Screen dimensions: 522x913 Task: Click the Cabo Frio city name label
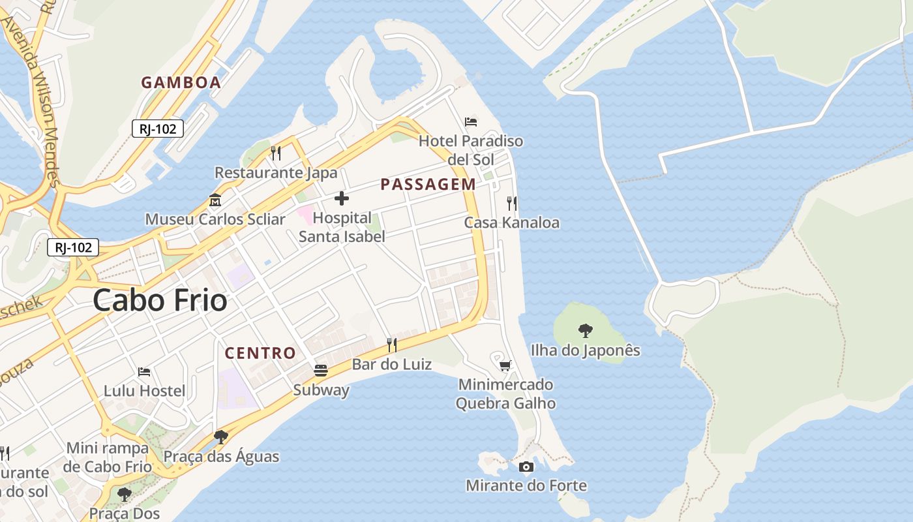[x=160, y=301]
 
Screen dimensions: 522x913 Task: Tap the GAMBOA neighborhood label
[x=181, y=83]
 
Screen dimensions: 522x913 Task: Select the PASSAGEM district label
[x=428, y=185]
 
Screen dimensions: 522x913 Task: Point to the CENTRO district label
[x=260, y=353]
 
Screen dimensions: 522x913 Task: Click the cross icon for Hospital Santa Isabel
[x=341, y=198]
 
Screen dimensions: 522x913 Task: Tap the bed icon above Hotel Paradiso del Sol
[x=471, y=121]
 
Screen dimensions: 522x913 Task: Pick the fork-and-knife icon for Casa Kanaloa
[x=512, y=204]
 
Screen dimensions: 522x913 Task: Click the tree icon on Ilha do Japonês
[x=586, y=331]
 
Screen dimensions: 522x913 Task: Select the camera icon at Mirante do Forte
[x=526, y=467]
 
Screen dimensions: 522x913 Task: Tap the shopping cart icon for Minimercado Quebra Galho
[x=505, y=365]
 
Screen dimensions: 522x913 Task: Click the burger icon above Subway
[x=321, y=371]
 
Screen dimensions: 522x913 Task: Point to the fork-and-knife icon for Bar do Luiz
[x=392, y=345]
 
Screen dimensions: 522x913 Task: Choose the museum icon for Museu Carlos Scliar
[x=215, y=200]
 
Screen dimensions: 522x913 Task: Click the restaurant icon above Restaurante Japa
[x=276, y=153]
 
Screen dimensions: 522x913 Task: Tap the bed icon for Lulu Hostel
[x=145, y=372]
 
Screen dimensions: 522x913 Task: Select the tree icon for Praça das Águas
[x=221, y=437]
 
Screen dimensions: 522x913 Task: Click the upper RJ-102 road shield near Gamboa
[x=158, y=129]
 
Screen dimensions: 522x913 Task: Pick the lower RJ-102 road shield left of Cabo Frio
[x=73, y=247]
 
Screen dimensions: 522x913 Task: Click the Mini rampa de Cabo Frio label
[x=108, y=457]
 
